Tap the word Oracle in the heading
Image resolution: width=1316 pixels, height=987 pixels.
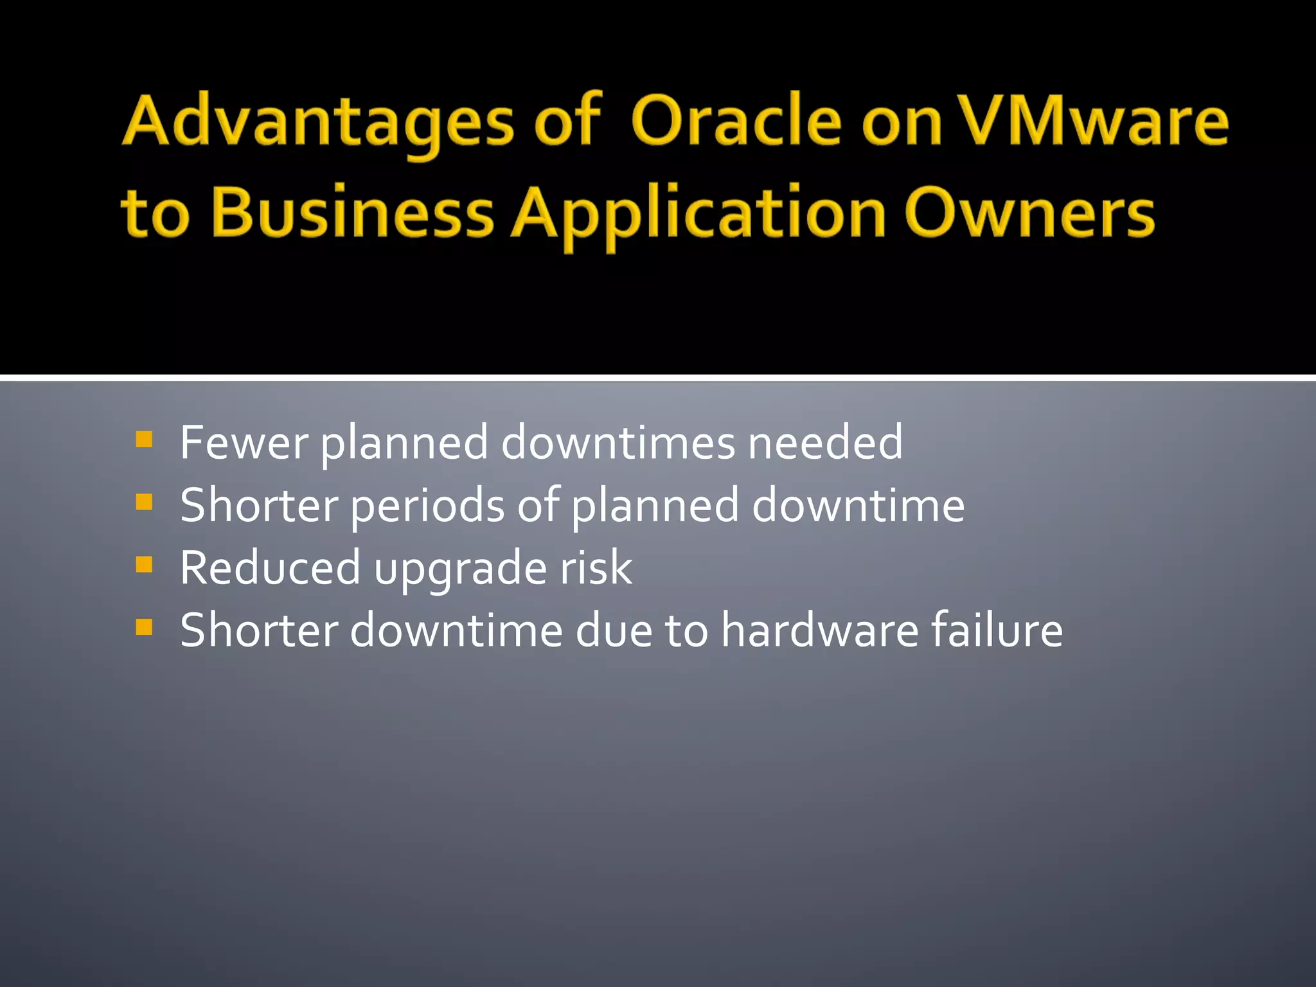click(736, 121)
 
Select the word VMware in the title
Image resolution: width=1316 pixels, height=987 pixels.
click(1092, 121)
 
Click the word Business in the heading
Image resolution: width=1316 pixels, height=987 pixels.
click(352, 212)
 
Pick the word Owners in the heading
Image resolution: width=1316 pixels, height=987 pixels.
click(1029, 212)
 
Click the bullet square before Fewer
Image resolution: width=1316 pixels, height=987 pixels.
click(145, 440)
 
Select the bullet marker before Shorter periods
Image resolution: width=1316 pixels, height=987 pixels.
click(145, 502)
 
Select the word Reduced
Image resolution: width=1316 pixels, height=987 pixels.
click(270, 567)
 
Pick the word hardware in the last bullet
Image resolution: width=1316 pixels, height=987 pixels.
click(819, 630)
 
